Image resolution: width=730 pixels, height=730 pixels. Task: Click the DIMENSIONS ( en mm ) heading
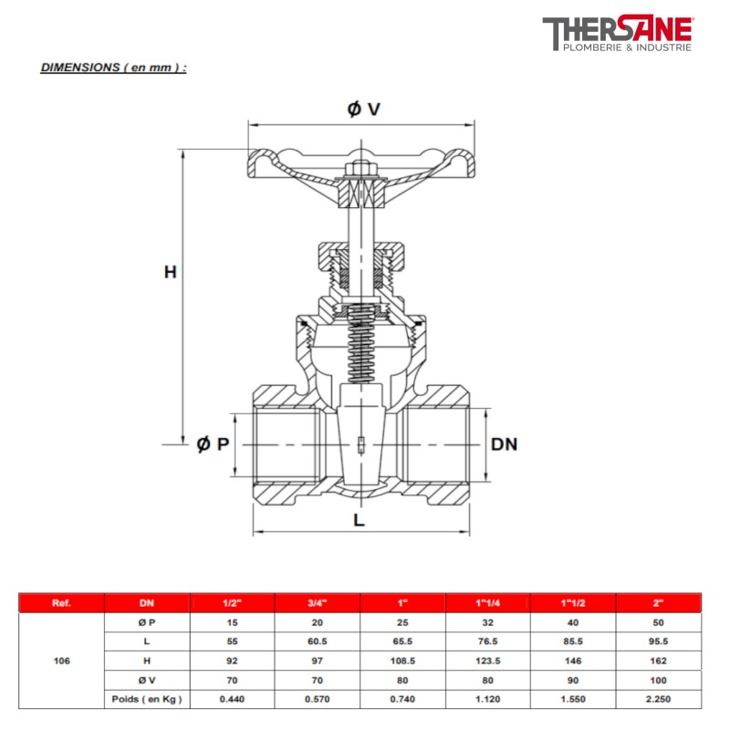point(113,68)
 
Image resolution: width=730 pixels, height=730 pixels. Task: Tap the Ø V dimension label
point(362,109)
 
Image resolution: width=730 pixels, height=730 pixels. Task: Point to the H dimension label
point(170,271)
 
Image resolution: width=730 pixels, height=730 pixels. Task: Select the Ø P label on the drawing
point(212,443)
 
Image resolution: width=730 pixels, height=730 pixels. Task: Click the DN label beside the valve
point(504,444)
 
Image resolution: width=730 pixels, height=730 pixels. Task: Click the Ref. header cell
point(62,603)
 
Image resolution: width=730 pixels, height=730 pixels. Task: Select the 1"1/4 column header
point(487,603)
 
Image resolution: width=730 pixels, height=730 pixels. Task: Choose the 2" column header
point(659,603)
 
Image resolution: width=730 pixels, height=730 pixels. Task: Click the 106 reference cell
point(62,660)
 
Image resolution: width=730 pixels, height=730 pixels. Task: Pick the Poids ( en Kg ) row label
point(148,699)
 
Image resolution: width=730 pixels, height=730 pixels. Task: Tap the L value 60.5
point(318,641)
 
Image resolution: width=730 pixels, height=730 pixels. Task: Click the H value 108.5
point(402,660)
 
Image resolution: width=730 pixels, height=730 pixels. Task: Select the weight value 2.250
point(659,699)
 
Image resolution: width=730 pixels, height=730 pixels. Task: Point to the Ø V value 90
point(573,680)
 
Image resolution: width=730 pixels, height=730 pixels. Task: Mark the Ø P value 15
point(233,621)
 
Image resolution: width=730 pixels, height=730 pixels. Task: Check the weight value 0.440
point(233,699)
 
